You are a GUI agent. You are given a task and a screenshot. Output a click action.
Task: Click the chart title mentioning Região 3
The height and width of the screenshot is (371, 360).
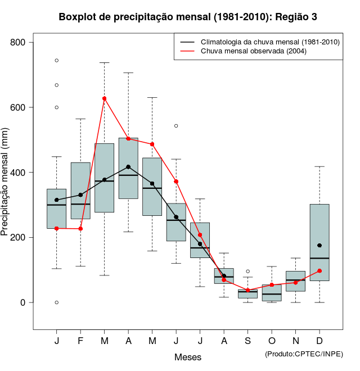[x=188, y=17]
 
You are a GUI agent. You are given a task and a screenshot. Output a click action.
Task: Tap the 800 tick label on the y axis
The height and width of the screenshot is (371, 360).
[x=20, y=43]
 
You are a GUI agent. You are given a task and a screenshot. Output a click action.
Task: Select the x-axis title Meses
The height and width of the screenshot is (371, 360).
[x=188, y=357]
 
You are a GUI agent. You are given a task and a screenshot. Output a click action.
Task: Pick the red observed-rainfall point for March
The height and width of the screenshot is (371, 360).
[x=104, y=98]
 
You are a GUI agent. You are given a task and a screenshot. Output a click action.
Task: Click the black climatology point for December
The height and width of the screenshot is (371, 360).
[x=319, y=246]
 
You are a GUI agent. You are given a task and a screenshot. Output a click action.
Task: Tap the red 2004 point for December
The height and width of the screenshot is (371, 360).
[x=319, y=271]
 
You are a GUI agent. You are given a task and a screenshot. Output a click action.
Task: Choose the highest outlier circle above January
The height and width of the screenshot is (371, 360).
[x=57, y=60]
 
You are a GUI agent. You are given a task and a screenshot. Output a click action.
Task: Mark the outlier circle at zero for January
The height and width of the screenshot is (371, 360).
[x=57, y=302]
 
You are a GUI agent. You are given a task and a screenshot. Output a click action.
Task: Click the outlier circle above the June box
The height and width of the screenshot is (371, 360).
[x=176, y=126]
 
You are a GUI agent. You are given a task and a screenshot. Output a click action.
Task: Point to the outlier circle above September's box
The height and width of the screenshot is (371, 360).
[x=247, y=272]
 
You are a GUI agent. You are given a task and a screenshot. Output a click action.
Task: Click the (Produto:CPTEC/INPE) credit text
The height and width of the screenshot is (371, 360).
[x=304, y=354]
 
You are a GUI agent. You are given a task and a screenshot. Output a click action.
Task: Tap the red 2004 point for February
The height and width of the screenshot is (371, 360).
[x=80, y=229]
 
